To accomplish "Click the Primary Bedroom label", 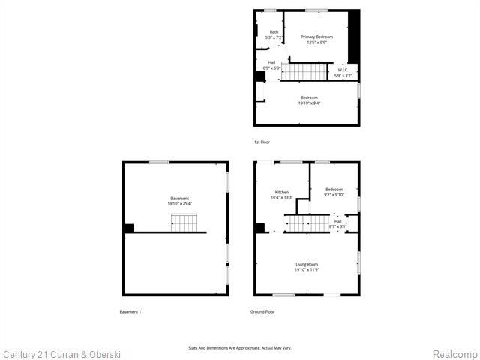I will (316, 37).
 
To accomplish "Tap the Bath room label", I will (274, 31).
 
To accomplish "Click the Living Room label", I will (307, 264).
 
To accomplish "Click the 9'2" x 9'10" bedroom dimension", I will (334, 195).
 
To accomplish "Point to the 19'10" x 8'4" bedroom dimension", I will (309, 103).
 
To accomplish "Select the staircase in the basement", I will (184, 223).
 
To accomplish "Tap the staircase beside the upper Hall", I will (305, 71).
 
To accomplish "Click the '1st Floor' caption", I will (262, 142).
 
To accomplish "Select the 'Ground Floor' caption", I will (262, 311).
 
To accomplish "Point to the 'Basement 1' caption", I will (130, 311).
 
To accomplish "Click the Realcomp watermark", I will (454, 353).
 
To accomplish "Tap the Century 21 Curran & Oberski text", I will (61, 353).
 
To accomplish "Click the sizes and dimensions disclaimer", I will (239, 347).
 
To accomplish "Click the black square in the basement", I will (128, 228).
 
